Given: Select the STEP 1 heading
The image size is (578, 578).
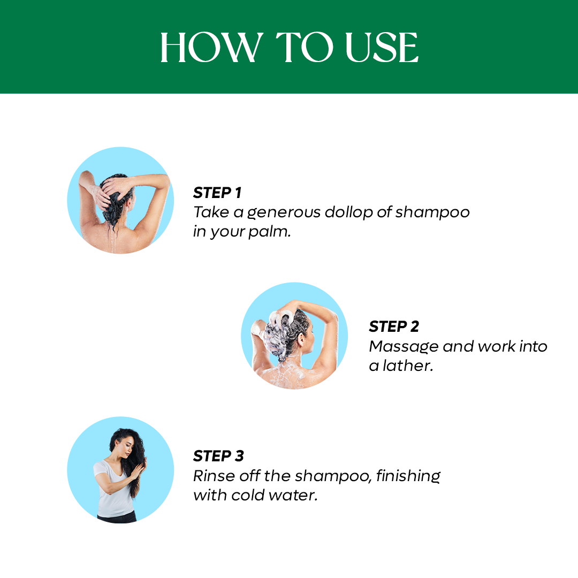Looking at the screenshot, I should [217, 193].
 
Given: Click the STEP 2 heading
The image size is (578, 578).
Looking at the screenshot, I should [394, 326].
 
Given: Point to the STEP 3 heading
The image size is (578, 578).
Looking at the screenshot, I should [218, 456].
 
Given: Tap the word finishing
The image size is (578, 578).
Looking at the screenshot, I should [408, 475].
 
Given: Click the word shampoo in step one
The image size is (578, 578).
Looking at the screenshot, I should [432, 212].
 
